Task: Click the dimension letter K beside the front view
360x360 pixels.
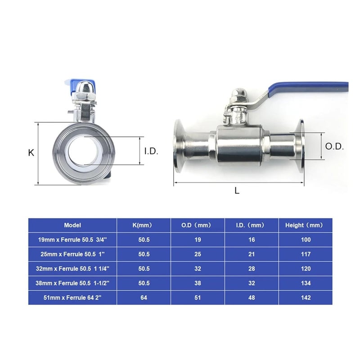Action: (x=31, y=153)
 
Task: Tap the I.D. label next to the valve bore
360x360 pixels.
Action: (x=151, y=152)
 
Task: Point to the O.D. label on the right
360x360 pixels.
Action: (x=334, y=146)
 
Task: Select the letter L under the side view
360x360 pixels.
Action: (x=237, y=190)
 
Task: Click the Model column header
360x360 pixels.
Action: (x=72, y=225)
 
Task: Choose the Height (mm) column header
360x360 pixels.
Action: (x=306, y=225)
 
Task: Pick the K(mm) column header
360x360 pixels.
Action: (x=144, y=225)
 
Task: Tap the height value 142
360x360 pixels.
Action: (x=306, y=298)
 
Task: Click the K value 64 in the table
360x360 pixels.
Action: (x=144, y=298)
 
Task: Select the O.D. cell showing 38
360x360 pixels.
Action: (x=198, y=283)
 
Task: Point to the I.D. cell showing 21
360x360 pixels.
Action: (x=252, y=254)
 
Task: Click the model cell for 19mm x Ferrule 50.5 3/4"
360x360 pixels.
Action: (x=72, y=240)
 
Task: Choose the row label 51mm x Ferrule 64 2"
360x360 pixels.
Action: (x=72, y=298)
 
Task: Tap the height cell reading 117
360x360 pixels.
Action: (x=306, y=254)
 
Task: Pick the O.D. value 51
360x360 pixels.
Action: (x=198, y=298)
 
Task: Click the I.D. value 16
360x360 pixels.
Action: (x=252, y=240)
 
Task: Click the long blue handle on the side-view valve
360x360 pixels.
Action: (x=310, y=85)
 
